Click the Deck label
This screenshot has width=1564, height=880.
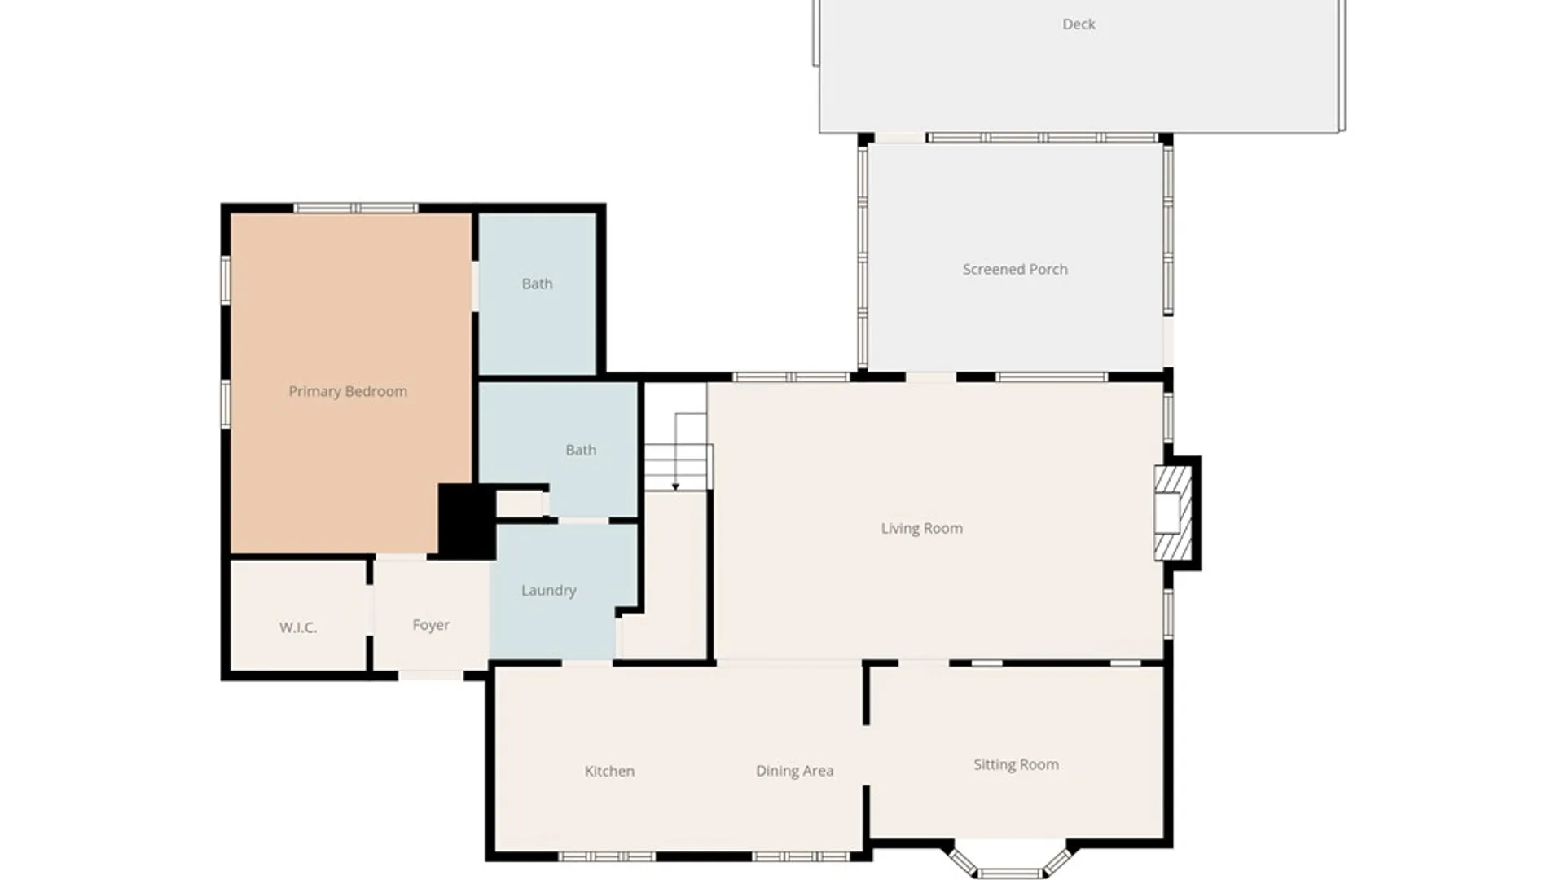pos(1079,24)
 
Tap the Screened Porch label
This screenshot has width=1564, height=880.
pos(1015,269)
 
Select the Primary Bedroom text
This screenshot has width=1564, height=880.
pos(348,391)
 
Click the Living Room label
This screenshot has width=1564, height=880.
pos(921,528)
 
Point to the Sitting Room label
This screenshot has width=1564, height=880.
pos(1016,764)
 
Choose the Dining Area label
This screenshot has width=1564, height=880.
pos(794,771)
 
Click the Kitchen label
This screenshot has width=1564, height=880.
pos(609,771)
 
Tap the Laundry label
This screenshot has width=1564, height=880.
pos(548,590)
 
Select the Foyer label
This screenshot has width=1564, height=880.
pos(431,625)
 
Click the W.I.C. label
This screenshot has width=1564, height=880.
pos(298,627)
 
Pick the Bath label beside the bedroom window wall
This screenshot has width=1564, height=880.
pos(537,284)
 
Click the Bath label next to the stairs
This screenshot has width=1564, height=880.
pos(581,450)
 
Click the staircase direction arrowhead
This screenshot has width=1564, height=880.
pos(675,486)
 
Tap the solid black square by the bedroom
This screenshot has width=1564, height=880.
pos(467,521)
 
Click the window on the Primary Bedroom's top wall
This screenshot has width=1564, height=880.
pos(356,209)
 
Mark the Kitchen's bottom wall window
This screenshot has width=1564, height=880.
pos(607,856)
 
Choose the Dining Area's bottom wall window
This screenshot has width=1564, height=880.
pos(801,856)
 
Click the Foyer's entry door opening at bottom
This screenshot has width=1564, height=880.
pos(430,675)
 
